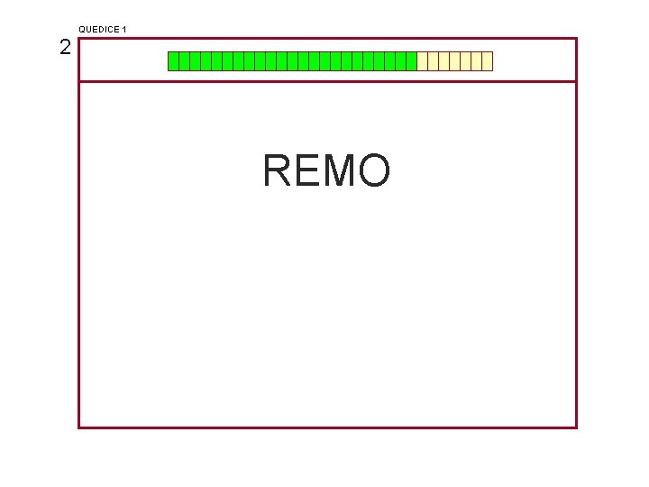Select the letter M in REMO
341,170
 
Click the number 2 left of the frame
65,48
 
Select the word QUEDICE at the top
97,30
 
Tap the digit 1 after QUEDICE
123,30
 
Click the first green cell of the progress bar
173,61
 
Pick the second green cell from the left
184,61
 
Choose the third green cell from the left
195,61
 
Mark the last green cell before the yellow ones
411,61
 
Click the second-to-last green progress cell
400,61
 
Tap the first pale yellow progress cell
422,61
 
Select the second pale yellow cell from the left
433,61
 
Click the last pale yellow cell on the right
488,61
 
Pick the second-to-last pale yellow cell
477,61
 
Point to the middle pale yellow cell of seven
455,61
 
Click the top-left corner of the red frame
79,39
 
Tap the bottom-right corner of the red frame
575,427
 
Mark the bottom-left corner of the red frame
79,427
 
